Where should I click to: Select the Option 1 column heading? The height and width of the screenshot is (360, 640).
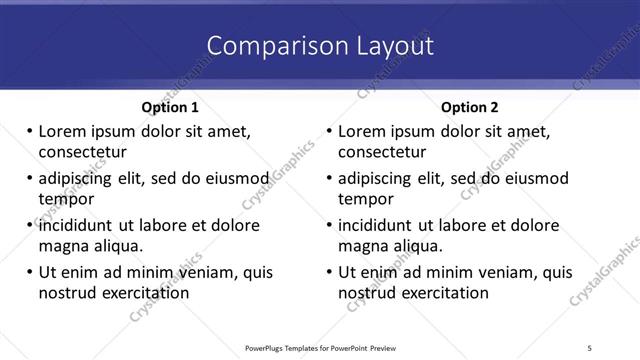[x=170, y=107]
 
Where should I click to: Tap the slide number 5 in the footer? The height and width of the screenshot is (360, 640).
[x=590, y=347]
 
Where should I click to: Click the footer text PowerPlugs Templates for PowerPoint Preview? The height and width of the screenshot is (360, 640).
[x=320, y=347]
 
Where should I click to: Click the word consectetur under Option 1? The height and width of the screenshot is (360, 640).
[x=82, y=152]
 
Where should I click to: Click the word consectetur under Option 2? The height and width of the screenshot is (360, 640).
[x=382, y=152]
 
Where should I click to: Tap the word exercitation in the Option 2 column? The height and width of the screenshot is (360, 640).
[x=443, y=293]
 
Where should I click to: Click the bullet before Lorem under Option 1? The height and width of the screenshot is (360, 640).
[x=30, y=131]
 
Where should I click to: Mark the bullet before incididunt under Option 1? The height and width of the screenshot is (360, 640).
[x=30, y=225]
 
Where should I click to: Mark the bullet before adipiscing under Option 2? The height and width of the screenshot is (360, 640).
[x=330, y=179]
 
